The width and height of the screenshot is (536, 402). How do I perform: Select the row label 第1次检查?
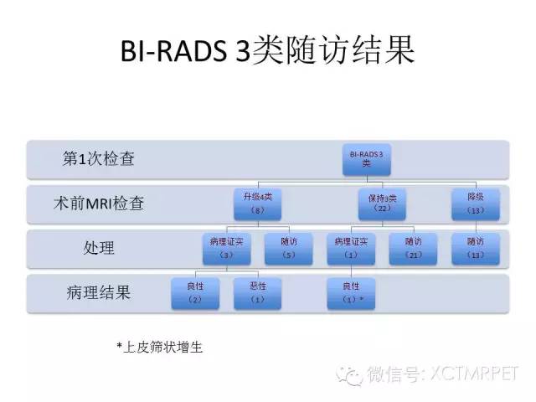[99, 158]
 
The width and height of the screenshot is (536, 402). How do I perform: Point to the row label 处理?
[99, 248]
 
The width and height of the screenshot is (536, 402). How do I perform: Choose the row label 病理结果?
[99, 292]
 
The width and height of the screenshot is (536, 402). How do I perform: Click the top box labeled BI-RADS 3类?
[366, 159]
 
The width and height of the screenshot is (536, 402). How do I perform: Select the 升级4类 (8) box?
[259, 204]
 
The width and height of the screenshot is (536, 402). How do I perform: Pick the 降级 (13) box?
[476, 204]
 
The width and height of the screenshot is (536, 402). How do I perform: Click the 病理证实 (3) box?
[222, 248]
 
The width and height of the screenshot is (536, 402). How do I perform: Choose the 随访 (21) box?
[412, 248]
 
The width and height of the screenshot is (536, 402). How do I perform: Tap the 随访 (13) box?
[476, 248]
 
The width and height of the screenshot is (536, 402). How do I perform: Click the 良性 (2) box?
[194, 293]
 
